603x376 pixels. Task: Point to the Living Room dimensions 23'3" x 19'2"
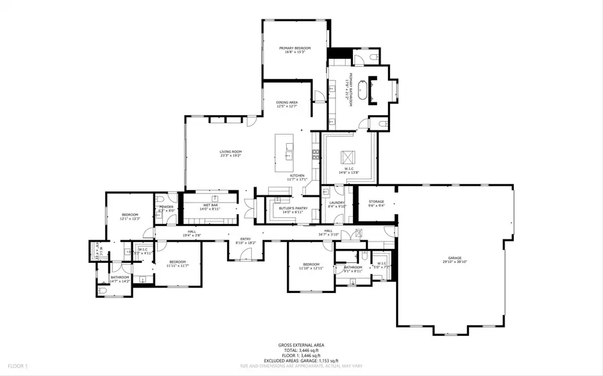(x=230, y=156)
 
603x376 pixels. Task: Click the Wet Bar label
(x=210, y=206)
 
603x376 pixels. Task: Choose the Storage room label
(x=376, y=201)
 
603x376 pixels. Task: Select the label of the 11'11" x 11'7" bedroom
(x=177, y=262)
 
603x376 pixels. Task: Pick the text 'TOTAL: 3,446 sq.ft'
(x=301, y=350)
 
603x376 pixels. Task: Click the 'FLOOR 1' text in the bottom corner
(x=17, y=367)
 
